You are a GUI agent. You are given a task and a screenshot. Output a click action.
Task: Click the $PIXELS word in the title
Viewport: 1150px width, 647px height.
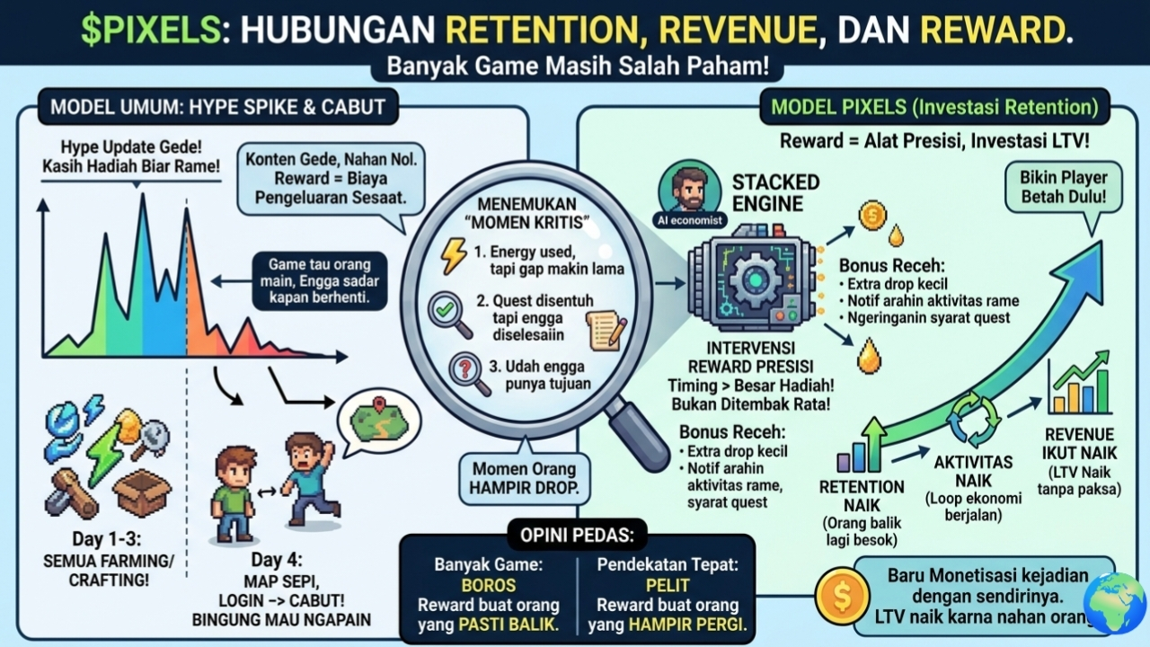149,30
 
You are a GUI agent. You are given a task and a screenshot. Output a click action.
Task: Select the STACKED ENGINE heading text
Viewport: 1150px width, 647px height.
774,192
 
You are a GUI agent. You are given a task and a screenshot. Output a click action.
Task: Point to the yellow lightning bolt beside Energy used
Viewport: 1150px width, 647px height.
454,256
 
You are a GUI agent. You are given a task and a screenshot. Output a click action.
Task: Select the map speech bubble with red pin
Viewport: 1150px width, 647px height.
378,419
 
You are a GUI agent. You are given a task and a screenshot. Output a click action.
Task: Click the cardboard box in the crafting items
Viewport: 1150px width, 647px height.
141,492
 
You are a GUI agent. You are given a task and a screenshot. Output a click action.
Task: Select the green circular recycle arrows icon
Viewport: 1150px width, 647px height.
975,418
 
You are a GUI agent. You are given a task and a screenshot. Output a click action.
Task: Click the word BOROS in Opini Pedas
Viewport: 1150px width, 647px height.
486,585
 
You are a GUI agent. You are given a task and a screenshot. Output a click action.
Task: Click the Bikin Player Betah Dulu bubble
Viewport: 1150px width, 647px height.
1064,188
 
